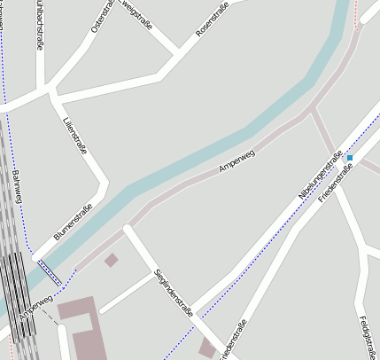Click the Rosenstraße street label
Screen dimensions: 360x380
click(212, 20)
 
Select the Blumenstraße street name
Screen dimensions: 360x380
click(74, 223)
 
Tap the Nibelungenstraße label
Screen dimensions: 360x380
click(321, 174)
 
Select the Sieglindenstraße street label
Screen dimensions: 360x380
click(173, 292)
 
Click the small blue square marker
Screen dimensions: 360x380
click(350, 158)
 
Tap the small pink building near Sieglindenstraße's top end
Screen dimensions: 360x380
click(111, 260)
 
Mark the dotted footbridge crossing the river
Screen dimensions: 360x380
click(50, 270)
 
